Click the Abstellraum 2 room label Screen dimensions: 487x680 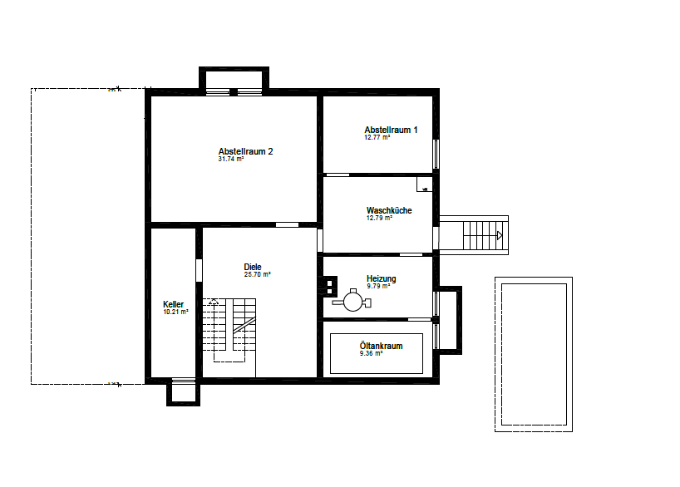[x=245, y=151]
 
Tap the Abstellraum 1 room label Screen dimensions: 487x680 [x=391, y=130]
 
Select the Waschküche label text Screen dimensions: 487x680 [x=389, y=210]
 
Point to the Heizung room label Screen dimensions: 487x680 [x=381, y=278]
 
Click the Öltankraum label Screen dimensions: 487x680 [x=381, y=346]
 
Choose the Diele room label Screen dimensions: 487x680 [x=253, y=267]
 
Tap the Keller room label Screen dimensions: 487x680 [x=174, y=304]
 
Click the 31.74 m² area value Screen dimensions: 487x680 [x=230, y=159]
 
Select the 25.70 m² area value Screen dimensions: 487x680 [x=257, y=274]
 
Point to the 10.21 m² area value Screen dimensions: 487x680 [x=175, y=312]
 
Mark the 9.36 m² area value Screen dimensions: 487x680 [x=371, y=353]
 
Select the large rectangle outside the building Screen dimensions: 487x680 [x=532, y=353]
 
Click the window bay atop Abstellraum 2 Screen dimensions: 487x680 [x=234, y=81]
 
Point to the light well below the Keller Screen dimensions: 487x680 [x=183, y=391]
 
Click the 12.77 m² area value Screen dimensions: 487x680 [x=377, y=137]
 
